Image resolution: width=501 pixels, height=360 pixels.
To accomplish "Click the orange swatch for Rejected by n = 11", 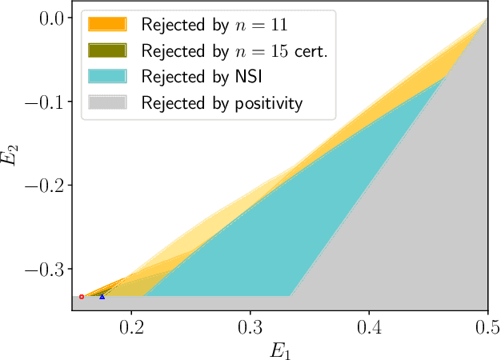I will [x=107, y=24].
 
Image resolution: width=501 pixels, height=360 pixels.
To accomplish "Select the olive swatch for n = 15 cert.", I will [x=107, y=50].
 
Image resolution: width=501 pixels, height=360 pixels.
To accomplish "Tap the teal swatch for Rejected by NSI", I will [x=107, y=77].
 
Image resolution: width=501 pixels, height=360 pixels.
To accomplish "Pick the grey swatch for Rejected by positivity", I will [x=107, y=103].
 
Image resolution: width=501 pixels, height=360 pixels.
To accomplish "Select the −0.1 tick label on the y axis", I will [x=47, y=102].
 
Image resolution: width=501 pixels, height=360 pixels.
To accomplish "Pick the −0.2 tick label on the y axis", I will [x=47, y=185].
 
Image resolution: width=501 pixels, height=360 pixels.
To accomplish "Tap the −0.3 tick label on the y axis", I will [x=47, y=269].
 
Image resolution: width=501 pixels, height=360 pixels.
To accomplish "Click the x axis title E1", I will [x=279, y=349].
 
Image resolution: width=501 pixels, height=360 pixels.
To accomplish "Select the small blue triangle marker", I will [x=102, y=296].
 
